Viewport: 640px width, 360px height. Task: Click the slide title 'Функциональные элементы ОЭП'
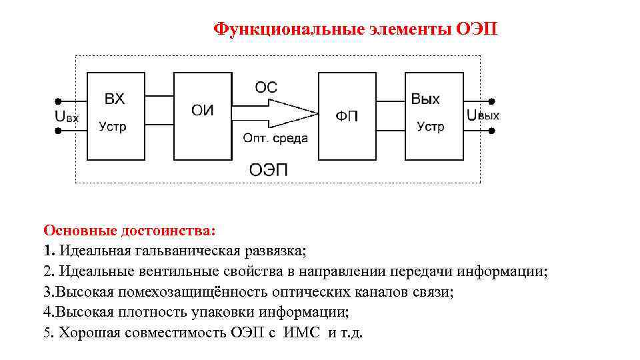[355, 29]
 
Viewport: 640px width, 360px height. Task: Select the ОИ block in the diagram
[203, 116]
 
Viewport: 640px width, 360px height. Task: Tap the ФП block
[347, 116]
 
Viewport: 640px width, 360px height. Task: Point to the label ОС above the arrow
[267, 87]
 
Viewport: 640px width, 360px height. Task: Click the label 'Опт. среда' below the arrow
[275, 138]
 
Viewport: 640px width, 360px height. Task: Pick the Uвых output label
[483, 115]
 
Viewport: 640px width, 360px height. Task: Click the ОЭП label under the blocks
[269, 169]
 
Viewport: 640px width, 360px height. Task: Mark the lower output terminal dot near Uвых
[492, 131]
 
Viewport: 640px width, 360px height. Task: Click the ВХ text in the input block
[115, 99]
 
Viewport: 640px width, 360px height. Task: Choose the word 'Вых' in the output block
[425, 99]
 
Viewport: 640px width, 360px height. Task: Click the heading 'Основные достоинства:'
[130, 231]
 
